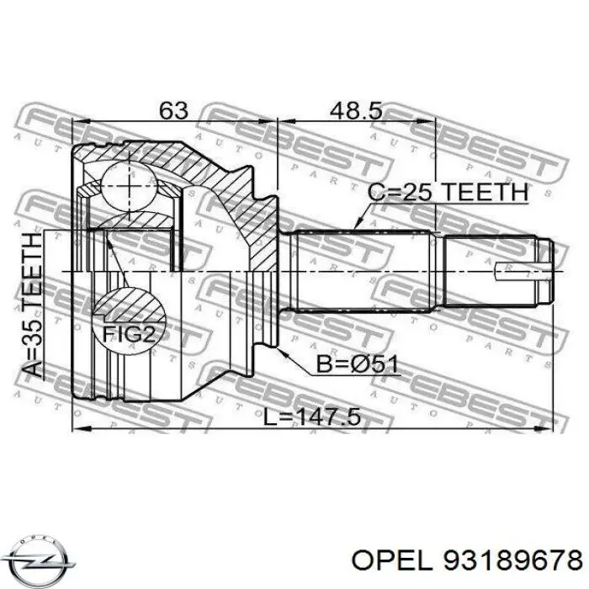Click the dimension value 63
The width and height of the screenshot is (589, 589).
click(173, 109)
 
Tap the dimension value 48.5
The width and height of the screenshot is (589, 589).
click(356, 111)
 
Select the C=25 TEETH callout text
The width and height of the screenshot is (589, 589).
click(448, 192)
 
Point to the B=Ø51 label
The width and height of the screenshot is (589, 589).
click(357, 364)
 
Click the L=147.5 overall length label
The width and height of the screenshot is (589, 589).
click(312, 417)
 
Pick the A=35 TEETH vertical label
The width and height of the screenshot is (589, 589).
click(31, 305)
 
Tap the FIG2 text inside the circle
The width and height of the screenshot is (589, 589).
click(129, 333)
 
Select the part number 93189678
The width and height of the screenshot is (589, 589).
click(512, 562)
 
